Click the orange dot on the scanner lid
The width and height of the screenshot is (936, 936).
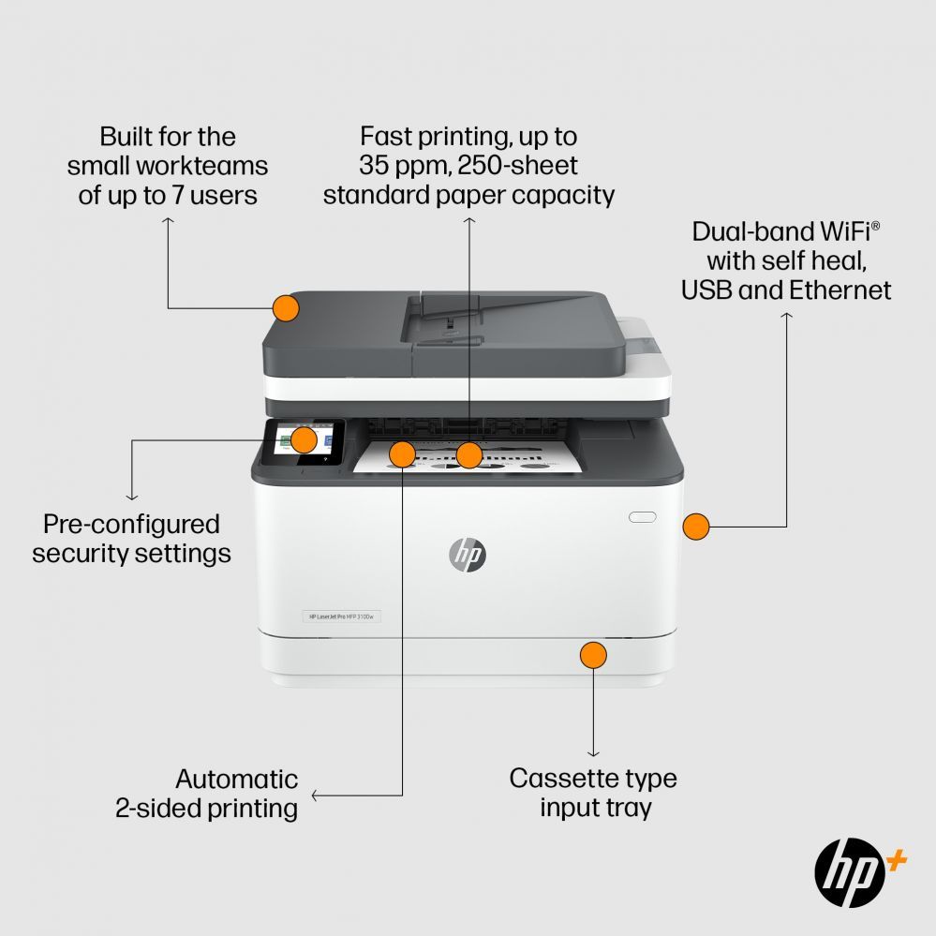(x=286, y=307)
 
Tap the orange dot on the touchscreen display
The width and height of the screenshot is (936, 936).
(x=304, y=439)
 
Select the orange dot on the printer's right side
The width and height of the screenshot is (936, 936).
(x=695, y=526)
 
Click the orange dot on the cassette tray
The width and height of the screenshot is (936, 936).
(x=592, y=654)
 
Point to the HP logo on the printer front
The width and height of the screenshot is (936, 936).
(x=468, y=555)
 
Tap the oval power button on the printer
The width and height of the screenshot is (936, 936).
(x=643, y=516)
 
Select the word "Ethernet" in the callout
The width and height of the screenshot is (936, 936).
(x=839, y=290)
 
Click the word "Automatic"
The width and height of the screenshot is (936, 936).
(x=237, y=779)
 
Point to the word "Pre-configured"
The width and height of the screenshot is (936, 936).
(x=132, y=524)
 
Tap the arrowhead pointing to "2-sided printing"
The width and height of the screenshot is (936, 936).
(x=315, y=796)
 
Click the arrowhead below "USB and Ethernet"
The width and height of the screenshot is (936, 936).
(x=787, y=317)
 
